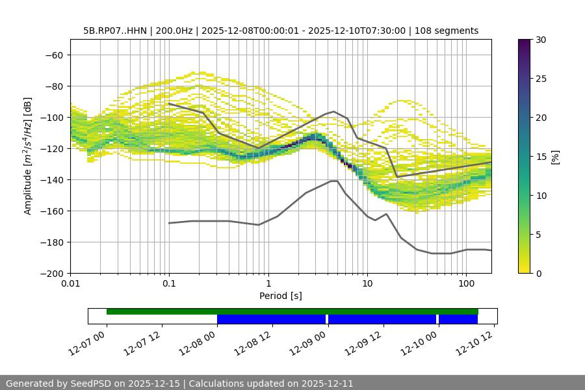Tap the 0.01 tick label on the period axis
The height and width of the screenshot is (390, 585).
click(70, 284)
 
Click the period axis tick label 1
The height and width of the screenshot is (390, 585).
click(268, 284)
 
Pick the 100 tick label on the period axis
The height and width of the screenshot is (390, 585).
click(466, 284)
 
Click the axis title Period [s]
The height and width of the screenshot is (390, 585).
click(281, 296)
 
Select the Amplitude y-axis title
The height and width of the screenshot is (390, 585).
click(28, 156)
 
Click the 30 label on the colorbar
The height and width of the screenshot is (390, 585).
click(541, 40)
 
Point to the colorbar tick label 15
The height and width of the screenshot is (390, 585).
click(541, 157)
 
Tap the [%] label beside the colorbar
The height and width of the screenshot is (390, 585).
click(555, 157)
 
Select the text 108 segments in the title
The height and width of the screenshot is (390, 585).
click(448, 31)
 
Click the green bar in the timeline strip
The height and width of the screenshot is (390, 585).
click(292, 311)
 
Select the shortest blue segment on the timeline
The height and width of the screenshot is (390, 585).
click(458, 319)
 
